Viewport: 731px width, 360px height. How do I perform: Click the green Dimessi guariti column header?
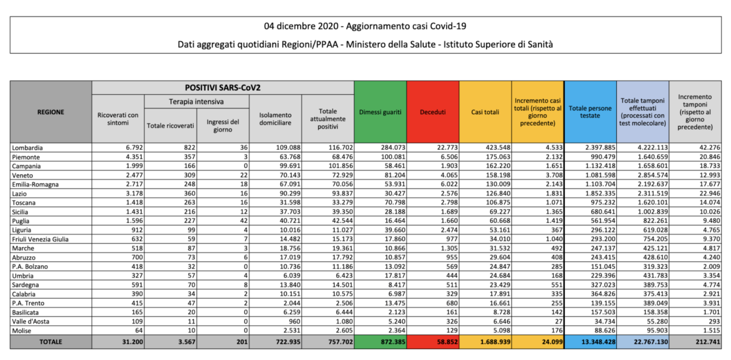click(380, 112)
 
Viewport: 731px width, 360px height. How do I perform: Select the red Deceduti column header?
click(433, 112)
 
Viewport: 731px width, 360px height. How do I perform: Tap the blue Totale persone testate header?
click(590, 112)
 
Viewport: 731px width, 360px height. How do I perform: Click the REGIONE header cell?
click(51, 112)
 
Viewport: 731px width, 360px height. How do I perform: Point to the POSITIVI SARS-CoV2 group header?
click(223, 88)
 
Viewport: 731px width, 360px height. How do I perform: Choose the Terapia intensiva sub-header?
click(196, 102)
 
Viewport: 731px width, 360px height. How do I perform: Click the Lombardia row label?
click(27, 147)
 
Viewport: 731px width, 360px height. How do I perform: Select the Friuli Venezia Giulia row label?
click(40, 239)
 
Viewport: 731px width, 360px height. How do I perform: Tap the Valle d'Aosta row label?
click(31, 322)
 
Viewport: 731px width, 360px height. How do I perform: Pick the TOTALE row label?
click(51, 342)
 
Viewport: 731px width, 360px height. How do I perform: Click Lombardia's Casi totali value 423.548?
click(497, 147)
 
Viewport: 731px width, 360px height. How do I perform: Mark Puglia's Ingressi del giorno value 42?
click(244, 221)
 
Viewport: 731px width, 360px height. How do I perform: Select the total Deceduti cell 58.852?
click(447, 342)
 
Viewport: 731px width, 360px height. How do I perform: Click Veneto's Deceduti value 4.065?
click(449, 175)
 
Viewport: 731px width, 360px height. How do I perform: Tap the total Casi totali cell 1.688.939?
click(495, 342)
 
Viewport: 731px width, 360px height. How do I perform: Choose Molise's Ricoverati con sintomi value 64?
click(139, 330)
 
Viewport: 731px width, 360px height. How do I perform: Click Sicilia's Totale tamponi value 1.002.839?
click(652, 211)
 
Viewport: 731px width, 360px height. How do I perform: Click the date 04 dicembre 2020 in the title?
click(301, 26)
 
